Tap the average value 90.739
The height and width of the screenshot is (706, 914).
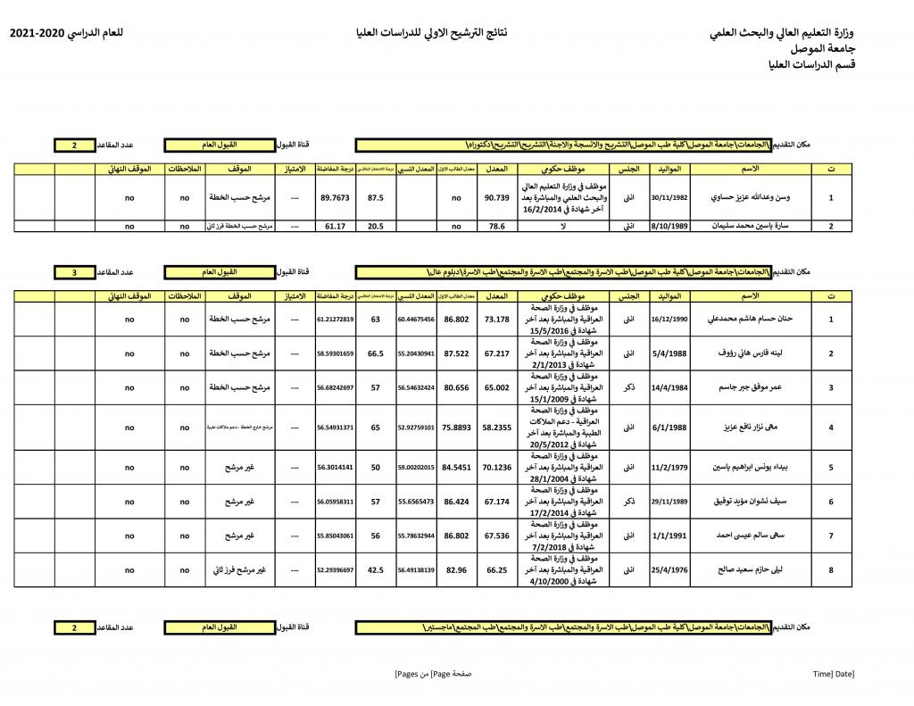tap(496, 197)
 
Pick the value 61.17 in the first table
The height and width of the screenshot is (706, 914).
tap(335, 227)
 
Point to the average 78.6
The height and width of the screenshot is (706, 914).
tap(496, 227)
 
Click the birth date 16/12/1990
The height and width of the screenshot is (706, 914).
tap(669, 319)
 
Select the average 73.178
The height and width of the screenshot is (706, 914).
tap(496, 319)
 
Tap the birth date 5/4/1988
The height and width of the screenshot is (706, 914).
tap(669, 353)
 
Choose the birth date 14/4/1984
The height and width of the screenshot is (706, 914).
tap(669, 388)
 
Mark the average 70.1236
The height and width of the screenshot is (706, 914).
tap(496, 467)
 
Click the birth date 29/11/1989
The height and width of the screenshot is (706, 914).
tap(669, 502)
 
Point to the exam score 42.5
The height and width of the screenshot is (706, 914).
tap(376, 569)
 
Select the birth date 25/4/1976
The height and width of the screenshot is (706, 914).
tap(669, 569)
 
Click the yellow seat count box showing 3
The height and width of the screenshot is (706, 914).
tap(75, 271)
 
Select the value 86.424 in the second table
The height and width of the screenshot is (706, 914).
tap(456, 502)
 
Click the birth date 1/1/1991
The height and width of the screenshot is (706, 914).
tap(669, 536)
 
